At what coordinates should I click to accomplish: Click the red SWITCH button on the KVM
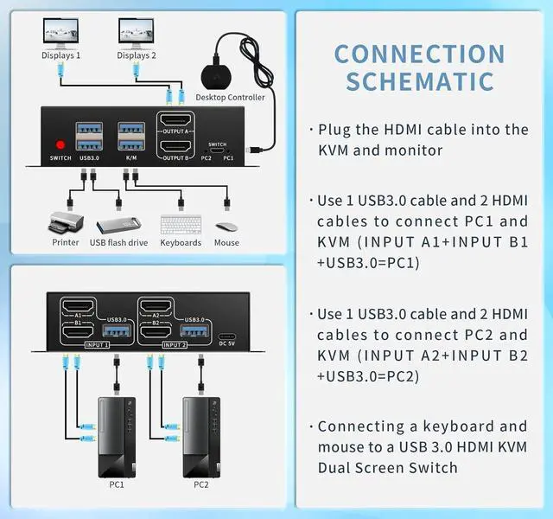pos(60,144)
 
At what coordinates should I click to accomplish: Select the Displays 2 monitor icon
pos(136,33)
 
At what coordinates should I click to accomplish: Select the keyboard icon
pos(181,223)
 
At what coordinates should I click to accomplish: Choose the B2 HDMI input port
pos(156,331)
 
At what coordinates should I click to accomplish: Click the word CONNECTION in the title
pos(419,53)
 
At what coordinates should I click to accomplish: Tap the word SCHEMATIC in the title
pos(420,82)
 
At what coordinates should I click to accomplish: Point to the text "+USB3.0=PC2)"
pos(368,376)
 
